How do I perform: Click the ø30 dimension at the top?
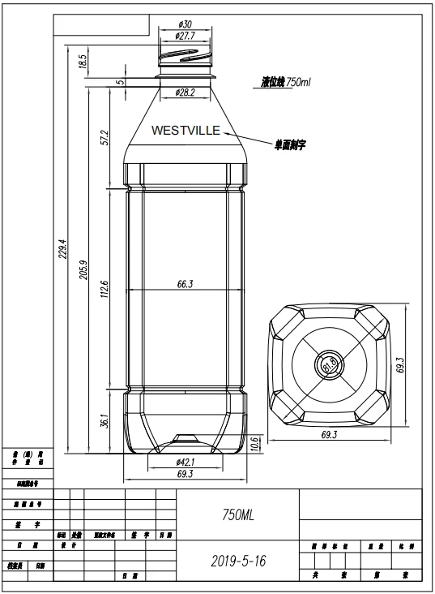186,24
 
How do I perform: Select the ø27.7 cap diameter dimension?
186,37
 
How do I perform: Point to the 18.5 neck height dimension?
82,62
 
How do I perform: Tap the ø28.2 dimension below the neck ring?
186,93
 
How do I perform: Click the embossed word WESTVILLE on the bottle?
186,130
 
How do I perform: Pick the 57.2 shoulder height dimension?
103,138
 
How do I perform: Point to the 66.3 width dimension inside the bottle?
186,284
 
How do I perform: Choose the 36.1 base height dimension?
103,422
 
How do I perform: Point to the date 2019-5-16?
238,561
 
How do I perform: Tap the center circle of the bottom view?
330,364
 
